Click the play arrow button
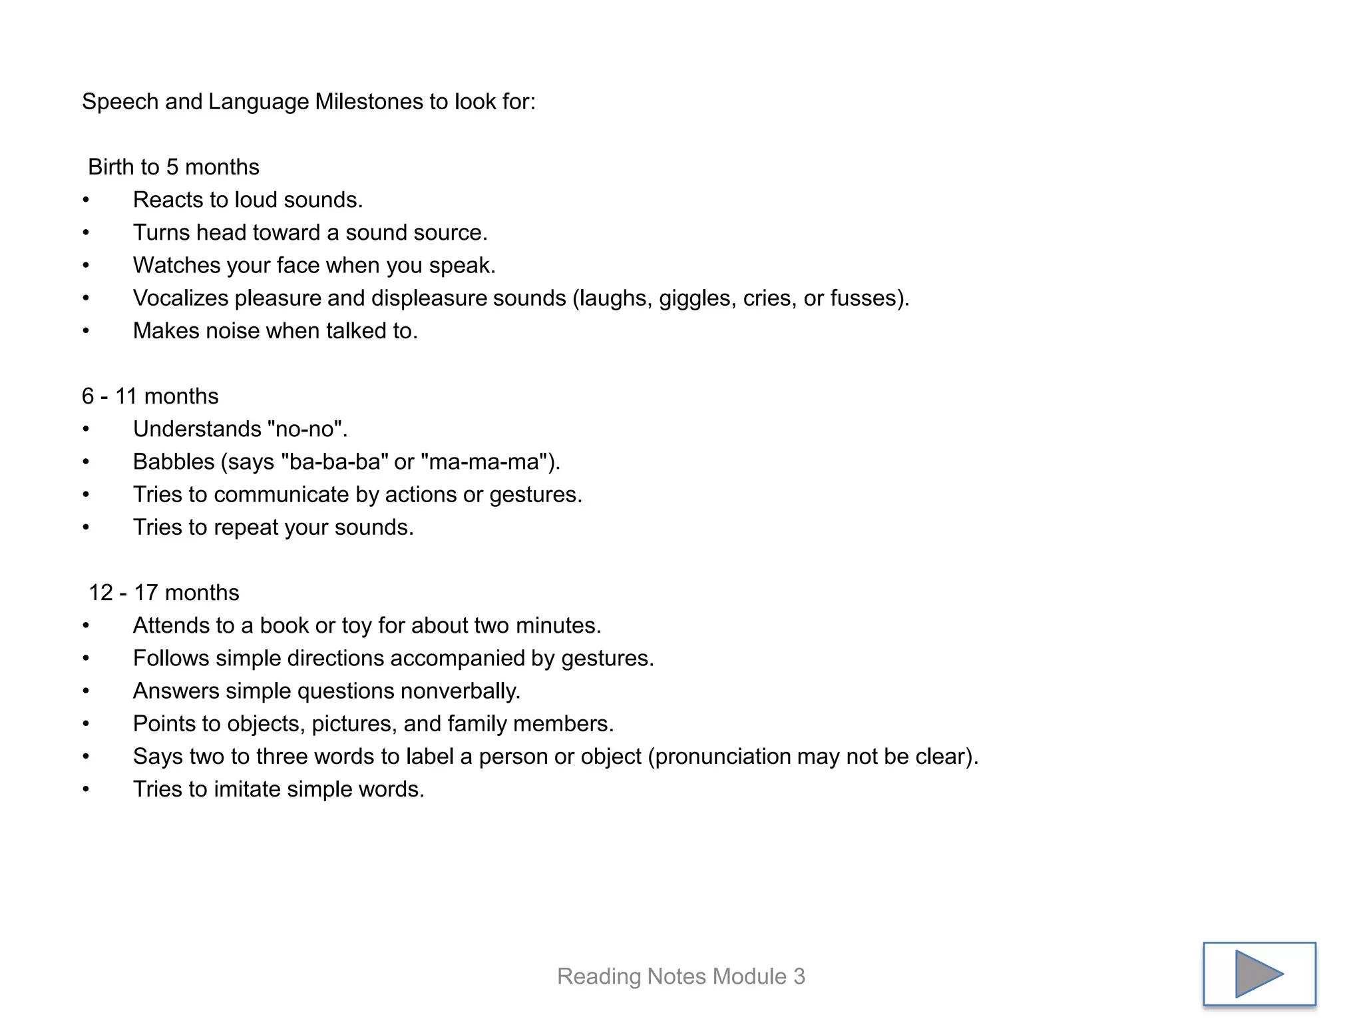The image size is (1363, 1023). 1259,973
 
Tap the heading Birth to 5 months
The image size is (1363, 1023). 173,167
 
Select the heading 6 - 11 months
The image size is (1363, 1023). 150,396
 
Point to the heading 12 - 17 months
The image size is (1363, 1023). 164,593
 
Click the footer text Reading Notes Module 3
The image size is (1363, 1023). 681,976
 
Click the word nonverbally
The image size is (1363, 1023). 459,691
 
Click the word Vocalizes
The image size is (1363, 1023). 180,298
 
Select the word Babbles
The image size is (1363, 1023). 174,462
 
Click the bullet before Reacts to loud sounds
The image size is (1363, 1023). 86,200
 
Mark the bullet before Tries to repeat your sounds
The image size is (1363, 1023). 86,527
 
